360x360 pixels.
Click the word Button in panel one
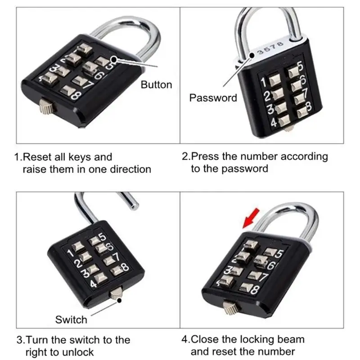click(x=156, y=85)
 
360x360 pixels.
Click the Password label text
click(x=213, y=98)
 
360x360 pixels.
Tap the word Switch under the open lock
click(x=71, y=319)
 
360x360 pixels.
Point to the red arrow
click(x=251, y=218)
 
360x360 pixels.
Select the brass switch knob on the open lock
click(x=117, y=293)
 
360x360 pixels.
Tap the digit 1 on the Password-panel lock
click(x=264, y=82)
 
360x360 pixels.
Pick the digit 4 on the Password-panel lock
click(x=274, y=122)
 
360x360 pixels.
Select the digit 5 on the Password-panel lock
click(x=300, y=66)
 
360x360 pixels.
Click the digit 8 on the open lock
click(x=125, y=267)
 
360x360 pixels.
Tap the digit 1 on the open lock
click(x=70, y=253)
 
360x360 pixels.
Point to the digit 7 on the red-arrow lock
click(x=264, y=277)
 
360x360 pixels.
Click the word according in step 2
click(x=304, y=157)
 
